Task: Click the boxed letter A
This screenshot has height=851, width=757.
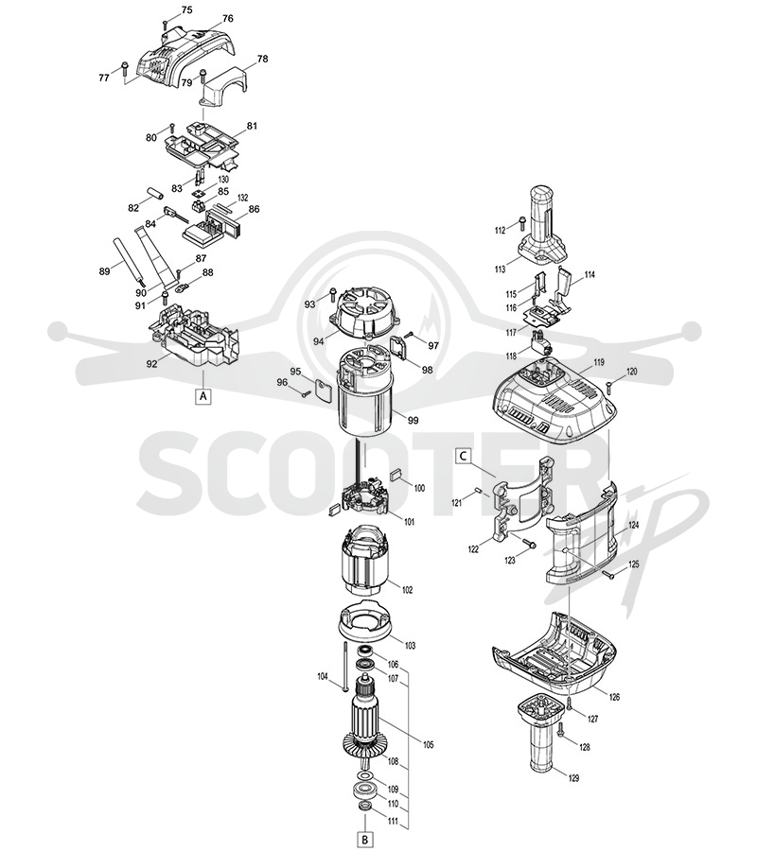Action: click(x=203, y=396)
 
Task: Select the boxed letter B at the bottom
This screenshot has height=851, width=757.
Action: click(x=365, y=840)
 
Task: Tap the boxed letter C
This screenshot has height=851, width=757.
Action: click(x=463, y=456)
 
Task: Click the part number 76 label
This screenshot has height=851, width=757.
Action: click(x=227, y=19)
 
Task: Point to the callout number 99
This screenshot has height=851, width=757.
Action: click(x=413, y=420)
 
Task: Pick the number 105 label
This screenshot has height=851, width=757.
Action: click(x=428, y=745)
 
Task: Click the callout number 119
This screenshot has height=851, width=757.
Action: click(x=598, y=362)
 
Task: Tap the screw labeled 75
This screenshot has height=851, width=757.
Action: click(x=165, y=25)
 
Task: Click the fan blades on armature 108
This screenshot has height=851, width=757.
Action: click(x=363, y=745)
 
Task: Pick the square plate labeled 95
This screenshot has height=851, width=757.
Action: click(x=323, y=391)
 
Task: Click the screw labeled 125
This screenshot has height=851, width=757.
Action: click(x=607, y=573)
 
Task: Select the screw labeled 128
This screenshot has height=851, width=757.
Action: click(x=561, y=731)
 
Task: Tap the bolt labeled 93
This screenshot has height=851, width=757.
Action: click(x=332, y=296)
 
